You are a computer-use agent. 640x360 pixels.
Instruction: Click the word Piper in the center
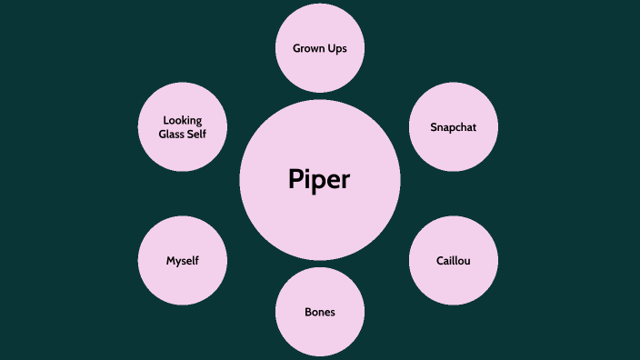(x=319, y=179)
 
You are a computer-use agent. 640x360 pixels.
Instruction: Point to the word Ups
(x=337, y=47)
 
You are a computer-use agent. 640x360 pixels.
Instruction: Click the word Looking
(x=182, y=120)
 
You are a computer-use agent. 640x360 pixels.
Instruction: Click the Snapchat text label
(x=454, y=127)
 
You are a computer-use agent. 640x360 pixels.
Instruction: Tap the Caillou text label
(x=454, y=261)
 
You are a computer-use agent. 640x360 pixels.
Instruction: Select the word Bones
(x=319, y=312)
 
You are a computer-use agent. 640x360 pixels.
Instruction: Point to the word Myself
(x=182, y=261)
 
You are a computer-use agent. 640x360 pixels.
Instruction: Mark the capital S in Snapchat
(x=434, y=127)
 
